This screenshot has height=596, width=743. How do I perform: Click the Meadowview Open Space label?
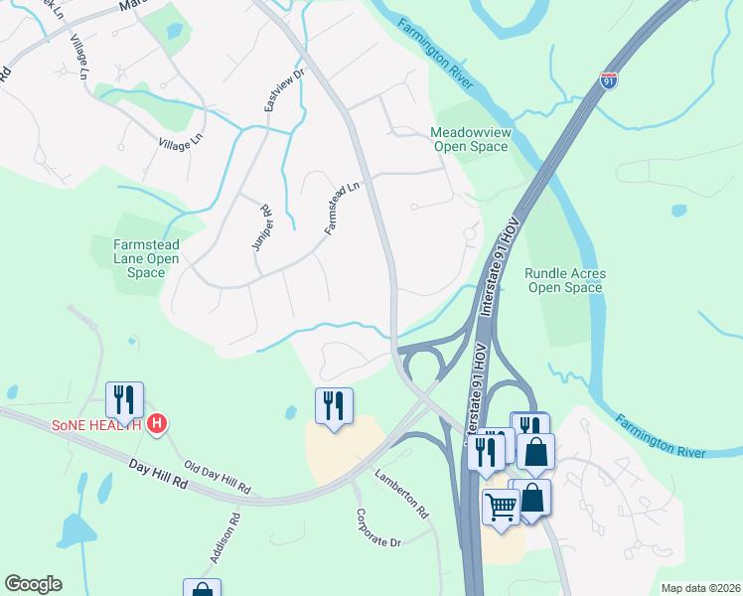[x=469, y=139]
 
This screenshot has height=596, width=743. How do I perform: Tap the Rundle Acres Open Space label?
[x=564, y=280]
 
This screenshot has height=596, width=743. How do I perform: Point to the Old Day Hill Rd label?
[x=218, y=477]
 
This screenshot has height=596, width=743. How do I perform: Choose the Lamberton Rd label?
[x=400, y=493]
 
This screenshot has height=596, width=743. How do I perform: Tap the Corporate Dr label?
[x=377, y=529]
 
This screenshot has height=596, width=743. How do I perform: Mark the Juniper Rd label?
[x=261, y=227]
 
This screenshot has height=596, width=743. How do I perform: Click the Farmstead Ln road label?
[x=341, y=208]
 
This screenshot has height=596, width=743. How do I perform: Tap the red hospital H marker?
[x=156, y=425]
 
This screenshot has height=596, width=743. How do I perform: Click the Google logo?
[x=33, y=584]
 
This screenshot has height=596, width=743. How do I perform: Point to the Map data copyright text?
[x=699, y=588]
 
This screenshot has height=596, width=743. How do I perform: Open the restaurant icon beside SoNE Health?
[x=124, y=399]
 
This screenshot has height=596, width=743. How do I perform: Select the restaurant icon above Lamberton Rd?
[x=334, y=404]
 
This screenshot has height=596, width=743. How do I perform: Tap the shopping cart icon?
[x=501, y=506]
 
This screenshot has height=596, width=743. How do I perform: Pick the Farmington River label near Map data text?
[x=660, y=437]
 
